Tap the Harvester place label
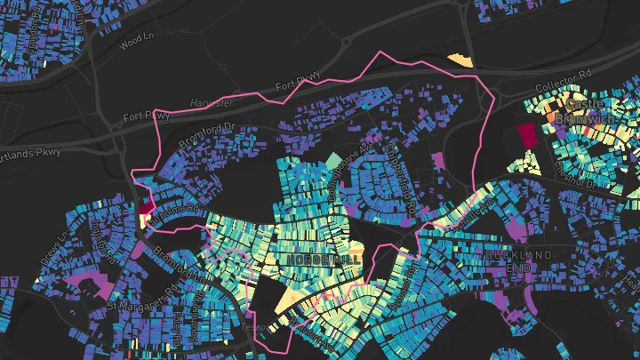click(212, 103)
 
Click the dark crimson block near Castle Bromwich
click(527, 136)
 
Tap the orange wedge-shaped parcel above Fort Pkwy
click(459, 60)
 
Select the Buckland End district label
click(520, 260)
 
